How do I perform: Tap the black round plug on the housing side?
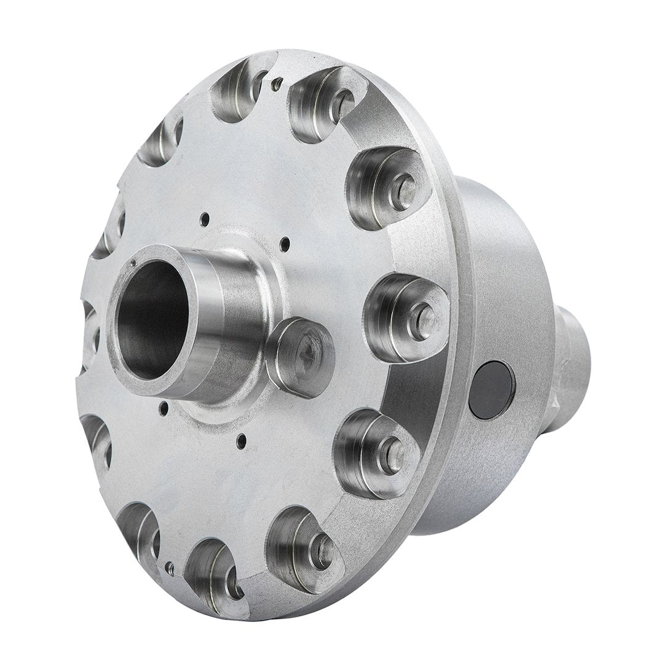(x=491, y=390)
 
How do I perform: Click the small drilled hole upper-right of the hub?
(x=284, y=244)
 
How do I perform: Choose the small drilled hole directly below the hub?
(x=242, y=438)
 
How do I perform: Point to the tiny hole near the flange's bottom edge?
(x=170, y=566)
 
